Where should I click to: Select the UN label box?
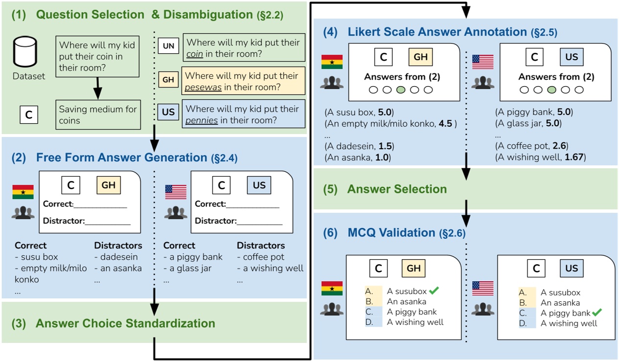168,46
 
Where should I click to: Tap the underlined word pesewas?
202,88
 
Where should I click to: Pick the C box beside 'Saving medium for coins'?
29,115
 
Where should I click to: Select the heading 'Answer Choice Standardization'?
125,323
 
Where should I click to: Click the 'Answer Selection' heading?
397,189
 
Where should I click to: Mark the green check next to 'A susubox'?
434,291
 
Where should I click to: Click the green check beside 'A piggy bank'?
596,312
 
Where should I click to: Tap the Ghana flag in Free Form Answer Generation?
23,192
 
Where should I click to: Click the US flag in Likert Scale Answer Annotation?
482,62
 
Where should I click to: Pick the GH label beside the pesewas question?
168,79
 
